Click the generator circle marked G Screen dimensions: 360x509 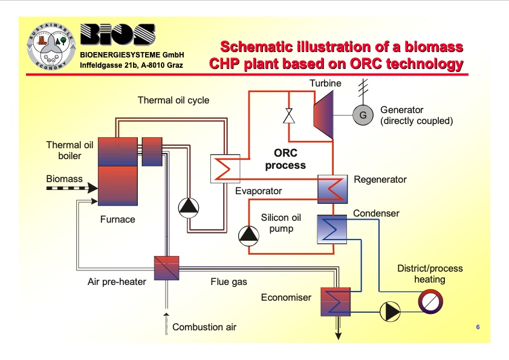363,116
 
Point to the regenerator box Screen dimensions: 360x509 332,189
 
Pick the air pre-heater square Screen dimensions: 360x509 167,267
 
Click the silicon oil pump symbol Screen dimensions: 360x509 248,235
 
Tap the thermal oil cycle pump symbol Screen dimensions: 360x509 188,208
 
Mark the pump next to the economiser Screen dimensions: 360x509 390,312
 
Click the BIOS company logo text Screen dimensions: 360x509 117,37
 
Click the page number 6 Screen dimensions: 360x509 478,327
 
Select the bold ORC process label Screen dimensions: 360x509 285,159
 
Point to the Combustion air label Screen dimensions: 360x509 204,327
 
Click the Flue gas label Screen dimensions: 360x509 229,282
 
